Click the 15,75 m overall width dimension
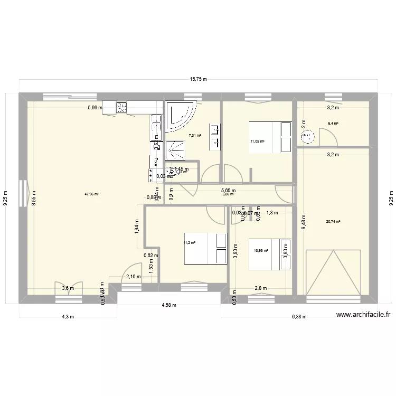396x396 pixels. coord(199,79)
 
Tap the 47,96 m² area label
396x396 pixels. coord(91,194)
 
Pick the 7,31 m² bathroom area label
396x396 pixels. coord(195,136)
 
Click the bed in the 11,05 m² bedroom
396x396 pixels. coord(270,137)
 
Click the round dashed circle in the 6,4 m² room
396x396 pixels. coord(307,137)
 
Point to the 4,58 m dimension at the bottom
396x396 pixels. coord(168,305)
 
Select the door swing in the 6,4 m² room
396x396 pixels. coord(330,136)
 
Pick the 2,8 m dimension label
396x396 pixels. coord(261,288)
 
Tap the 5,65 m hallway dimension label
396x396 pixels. coord(228,191)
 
